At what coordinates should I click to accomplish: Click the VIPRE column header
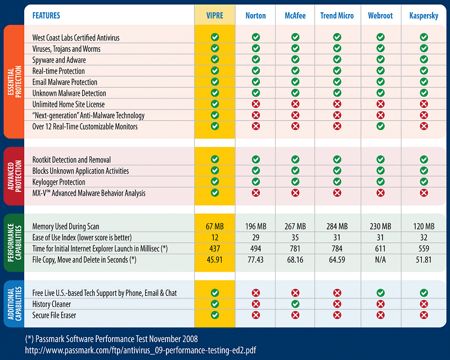tap(214, 16)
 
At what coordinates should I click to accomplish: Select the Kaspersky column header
tap(424, 16)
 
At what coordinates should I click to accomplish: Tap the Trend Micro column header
tap(337, 16)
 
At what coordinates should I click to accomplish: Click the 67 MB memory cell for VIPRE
tap(214, 226)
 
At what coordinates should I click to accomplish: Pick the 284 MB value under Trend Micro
tap(337, 226)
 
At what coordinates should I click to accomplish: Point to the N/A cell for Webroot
tap(381, 260)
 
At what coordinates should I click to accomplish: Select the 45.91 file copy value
tap(214, 260)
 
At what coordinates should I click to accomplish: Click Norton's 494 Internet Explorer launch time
tap(256, 249)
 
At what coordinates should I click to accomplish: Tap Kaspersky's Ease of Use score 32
tap(424, 237)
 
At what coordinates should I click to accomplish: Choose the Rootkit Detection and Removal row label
tap(71, 160)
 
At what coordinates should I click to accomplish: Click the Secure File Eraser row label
tap(54, 315)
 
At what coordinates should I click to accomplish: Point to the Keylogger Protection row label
tap(58, 182)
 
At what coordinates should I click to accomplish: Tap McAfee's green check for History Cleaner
tap(295, 304)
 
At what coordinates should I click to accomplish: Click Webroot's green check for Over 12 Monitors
tap(381, 127)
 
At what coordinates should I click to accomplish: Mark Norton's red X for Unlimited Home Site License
tap(256, 105)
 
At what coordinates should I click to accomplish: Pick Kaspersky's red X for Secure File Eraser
tap(424, 315)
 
